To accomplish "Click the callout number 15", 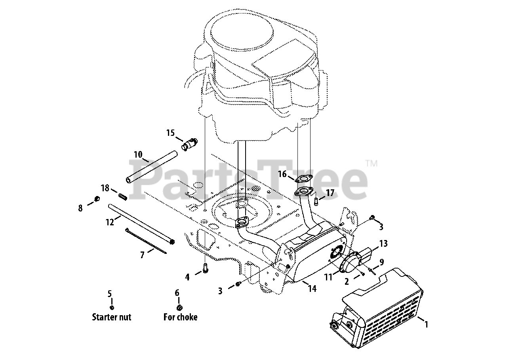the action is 170,133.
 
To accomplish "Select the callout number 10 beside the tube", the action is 137,154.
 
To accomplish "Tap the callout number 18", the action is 105,188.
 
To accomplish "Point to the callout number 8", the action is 80,208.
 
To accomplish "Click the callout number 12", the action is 110,222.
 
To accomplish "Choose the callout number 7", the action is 142,255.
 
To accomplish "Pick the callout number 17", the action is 330,193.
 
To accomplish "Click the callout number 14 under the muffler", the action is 312,288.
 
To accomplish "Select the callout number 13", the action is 383,243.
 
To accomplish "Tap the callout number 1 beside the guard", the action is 426,324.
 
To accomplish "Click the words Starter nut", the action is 111,317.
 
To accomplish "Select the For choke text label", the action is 180,317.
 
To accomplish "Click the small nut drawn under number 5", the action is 112,308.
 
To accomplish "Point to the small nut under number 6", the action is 179,308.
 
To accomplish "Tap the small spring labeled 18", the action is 123,196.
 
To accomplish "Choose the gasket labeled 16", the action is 304,179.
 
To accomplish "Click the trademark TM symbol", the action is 371,163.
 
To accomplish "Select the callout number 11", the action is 328,278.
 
